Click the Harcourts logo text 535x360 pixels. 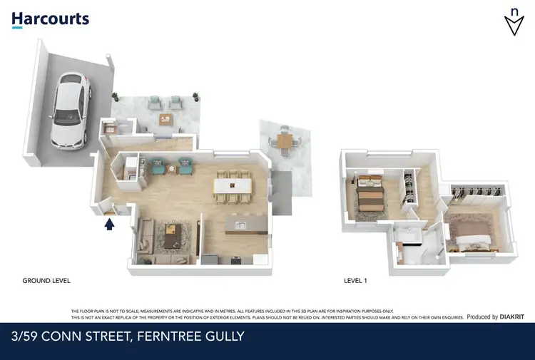(x=50, y=19)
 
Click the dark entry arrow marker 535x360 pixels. (x=109, y=225)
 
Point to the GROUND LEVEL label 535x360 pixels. (x=46, y=281)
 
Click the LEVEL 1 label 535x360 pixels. (x=355, y=281)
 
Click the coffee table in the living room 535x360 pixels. (x=172, y=235)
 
